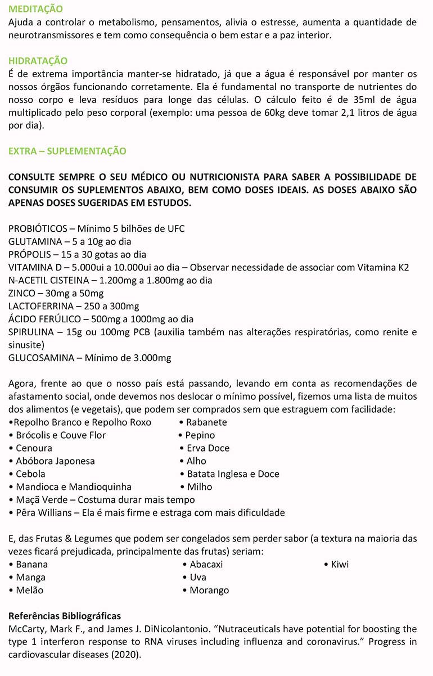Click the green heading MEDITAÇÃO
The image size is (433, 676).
point(36,10)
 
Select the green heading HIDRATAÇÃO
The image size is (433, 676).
point(38,61)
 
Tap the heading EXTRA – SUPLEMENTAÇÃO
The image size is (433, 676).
point(67,151)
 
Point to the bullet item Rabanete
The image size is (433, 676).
point(206,422)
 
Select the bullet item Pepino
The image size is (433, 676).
point(200,435)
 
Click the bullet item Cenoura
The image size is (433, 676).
point(34,448)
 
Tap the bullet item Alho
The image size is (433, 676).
point(196,461)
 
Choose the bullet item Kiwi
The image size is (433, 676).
point(339,564)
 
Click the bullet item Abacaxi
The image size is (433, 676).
point(206,564)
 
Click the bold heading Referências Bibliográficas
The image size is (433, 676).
point(65,616)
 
